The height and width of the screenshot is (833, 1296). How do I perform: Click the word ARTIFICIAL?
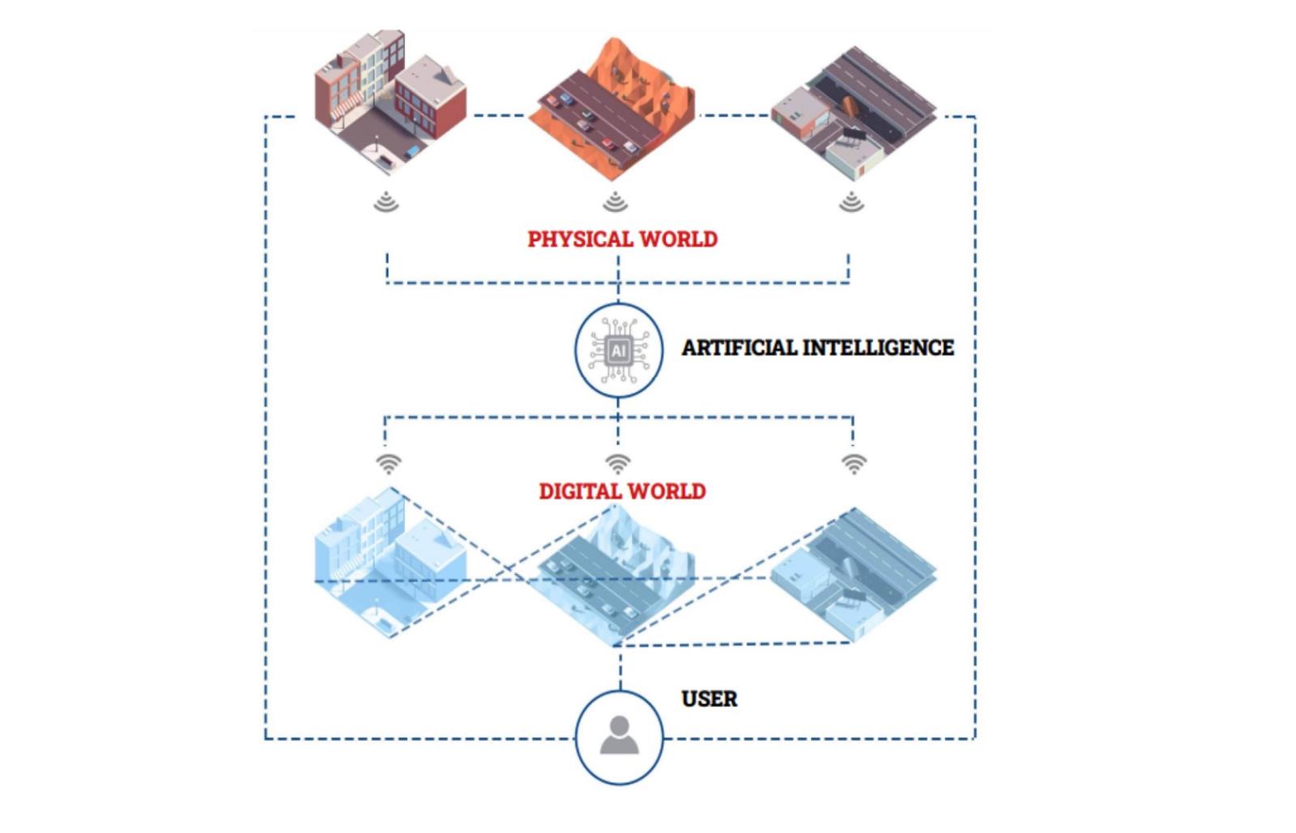739,348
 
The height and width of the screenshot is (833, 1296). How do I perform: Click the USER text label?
709,699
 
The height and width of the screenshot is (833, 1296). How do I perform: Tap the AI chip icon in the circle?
619,351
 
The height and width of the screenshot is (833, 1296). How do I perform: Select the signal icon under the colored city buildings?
386,201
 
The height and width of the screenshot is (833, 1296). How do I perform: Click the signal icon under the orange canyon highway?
616,201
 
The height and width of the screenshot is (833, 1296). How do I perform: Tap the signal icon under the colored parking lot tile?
850,201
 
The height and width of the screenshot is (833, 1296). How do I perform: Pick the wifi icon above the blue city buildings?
389,464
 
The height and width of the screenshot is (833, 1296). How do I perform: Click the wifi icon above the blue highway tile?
618,464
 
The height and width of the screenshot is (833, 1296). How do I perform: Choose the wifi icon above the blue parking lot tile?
854,464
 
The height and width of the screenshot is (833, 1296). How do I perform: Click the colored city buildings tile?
390,101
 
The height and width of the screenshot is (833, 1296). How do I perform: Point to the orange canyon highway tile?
613,109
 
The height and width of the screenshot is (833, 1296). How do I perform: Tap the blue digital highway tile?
613,575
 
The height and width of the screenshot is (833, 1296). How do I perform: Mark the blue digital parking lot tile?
852,575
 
